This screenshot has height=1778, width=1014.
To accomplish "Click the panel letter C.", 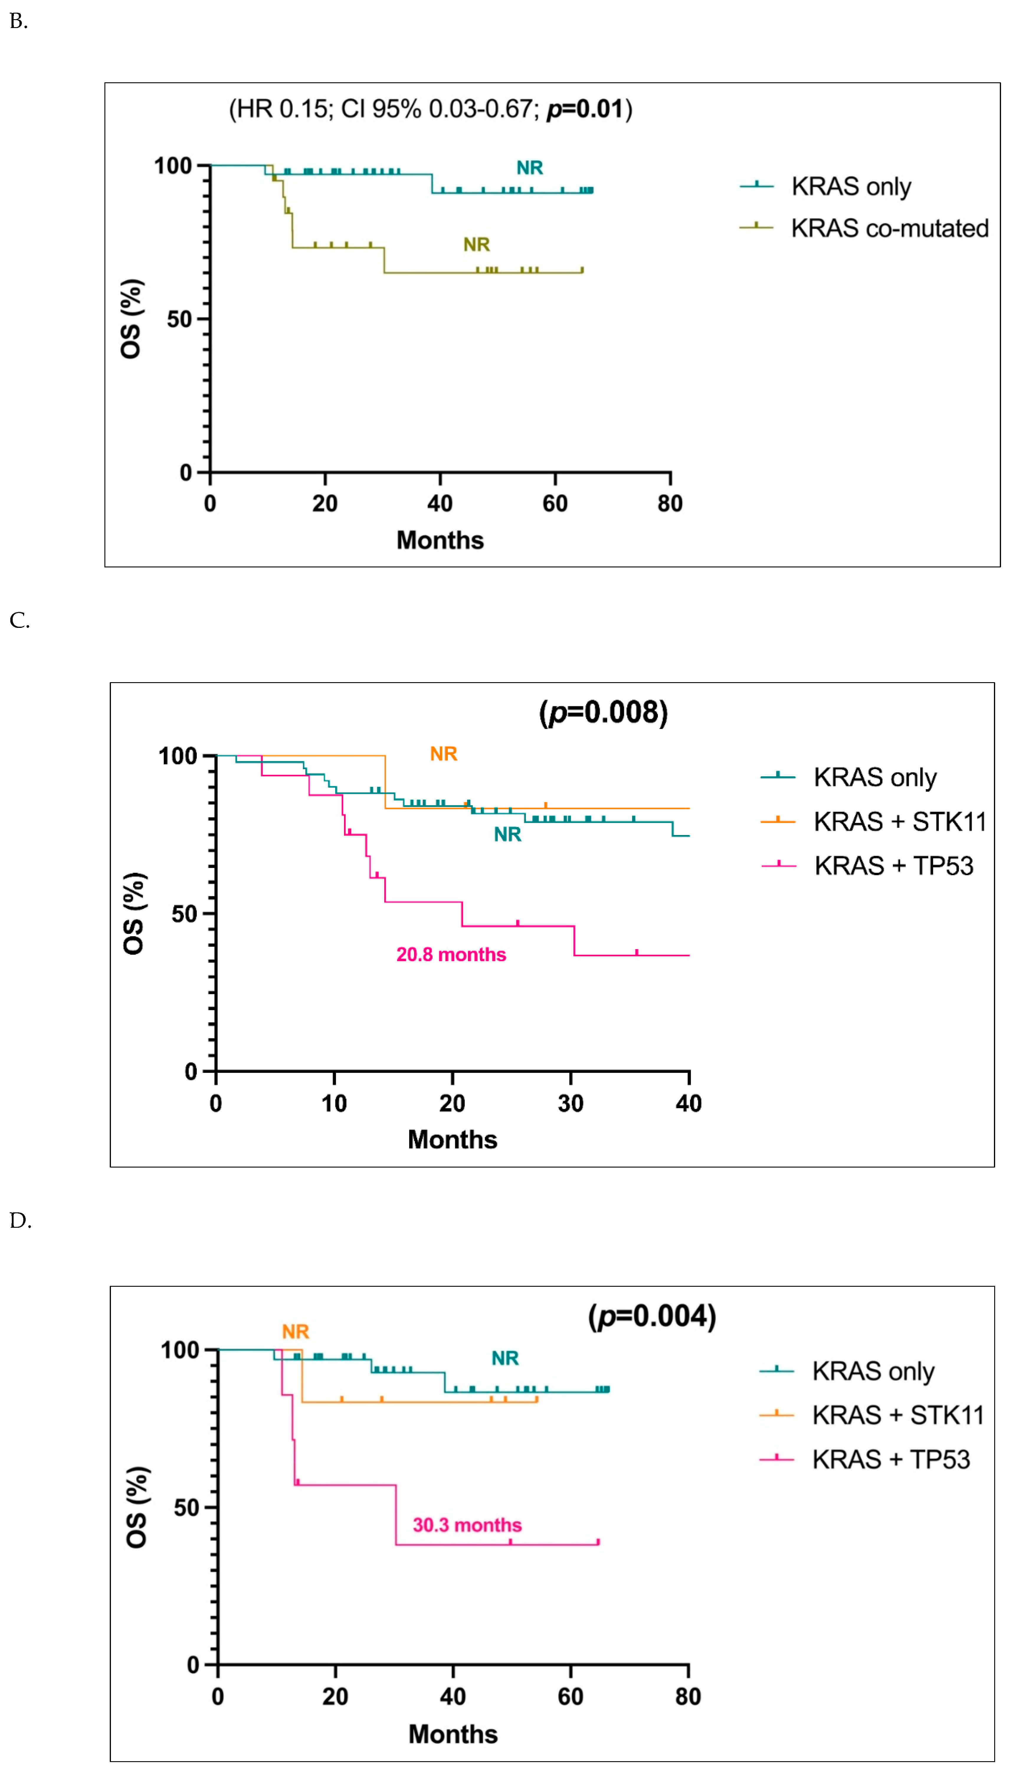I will coord(19,621).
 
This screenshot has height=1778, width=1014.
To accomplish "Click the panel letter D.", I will coord(20,1221).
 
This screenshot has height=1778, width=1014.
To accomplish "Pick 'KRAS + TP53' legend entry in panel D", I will coord(890,1459).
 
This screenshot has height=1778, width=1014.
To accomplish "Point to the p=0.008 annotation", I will coord(603,713).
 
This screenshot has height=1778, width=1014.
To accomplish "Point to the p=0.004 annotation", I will coord(652,1316).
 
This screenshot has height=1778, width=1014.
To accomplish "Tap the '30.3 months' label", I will coord(467,1525).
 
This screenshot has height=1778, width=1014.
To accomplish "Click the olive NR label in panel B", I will coord(476,244).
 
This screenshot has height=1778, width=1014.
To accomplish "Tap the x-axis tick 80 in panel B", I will coord(670,504).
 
